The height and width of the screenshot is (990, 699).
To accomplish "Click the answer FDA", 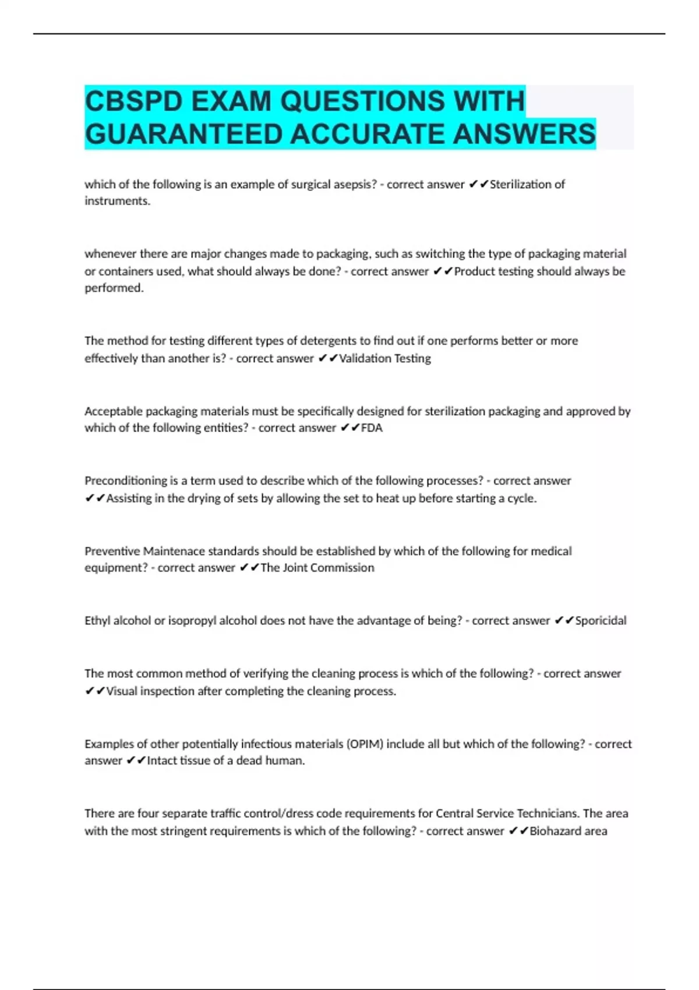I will coord(372,428).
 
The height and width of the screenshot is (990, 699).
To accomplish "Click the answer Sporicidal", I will coord(601,621).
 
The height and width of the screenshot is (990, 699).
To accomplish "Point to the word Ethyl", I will coord(97,621).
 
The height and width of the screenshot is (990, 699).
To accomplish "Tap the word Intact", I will coord(163,761).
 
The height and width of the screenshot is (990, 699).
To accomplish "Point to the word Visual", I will coord(122,691).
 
